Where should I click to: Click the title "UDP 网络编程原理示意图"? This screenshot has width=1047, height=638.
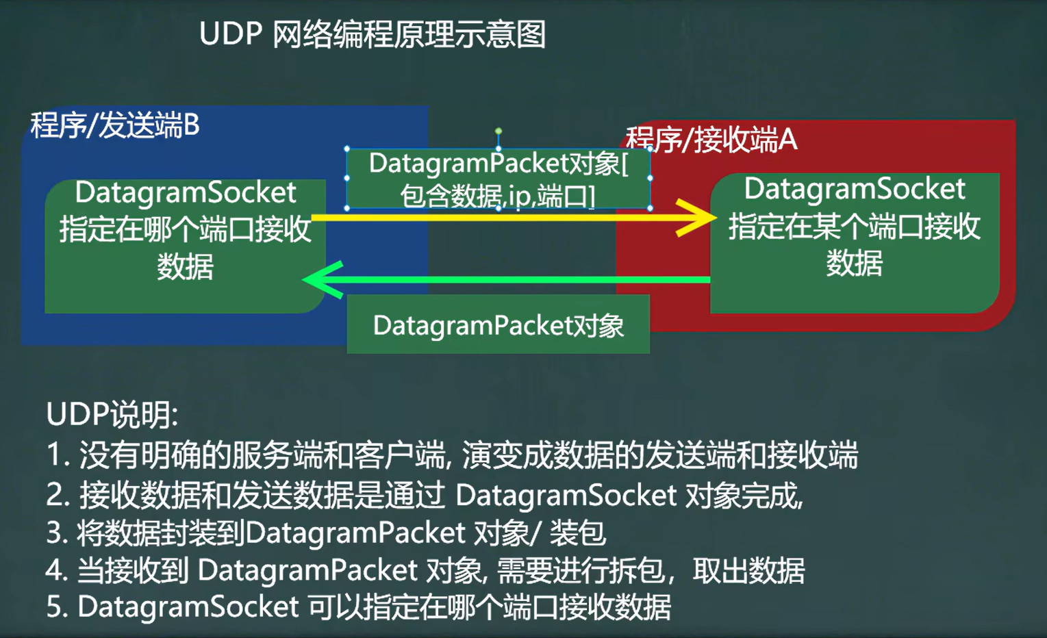point(372,35)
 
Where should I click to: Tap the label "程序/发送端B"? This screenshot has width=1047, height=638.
point(115,126)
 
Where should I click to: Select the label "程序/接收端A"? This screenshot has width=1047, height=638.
point(712,140)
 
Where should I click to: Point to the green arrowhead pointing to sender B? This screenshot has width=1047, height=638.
point(319,279)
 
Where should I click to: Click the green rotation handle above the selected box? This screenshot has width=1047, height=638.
point(499,131)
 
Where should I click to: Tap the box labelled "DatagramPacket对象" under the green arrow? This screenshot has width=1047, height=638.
point(498,325)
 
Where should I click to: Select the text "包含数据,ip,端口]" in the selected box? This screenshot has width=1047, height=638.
point(498,196)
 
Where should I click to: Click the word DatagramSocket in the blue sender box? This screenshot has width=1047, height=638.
point(186,192)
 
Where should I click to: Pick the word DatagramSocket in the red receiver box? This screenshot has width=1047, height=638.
point(855,189)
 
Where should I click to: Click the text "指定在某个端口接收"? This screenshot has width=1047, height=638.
point(855,226)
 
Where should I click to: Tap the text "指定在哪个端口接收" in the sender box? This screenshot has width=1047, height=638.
point(186,229)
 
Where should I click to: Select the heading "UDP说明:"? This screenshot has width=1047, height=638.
point(112,414)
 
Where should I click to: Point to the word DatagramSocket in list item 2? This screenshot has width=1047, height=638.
point(566,495)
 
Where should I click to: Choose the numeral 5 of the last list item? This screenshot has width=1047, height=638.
point(54,607)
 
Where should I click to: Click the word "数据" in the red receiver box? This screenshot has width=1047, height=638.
point(855,263)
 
